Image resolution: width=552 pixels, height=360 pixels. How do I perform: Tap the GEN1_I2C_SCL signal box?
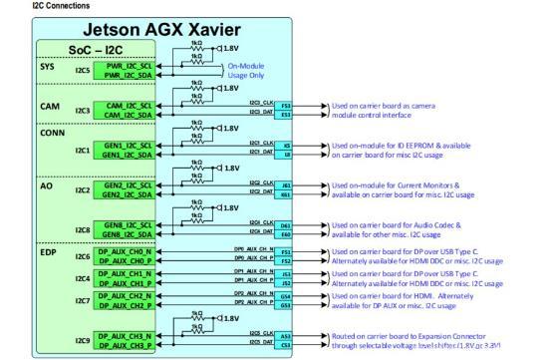(x=126, y=146)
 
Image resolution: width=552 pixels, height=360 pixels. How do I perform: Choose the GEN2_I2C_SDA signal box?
(x=126, y=194)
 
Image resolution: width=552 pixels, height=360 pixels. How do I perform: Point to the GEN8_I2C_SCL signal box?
(x=126, y=225)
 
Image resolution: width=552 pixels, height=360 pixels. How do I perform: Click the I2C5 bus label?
(x=83, y=71)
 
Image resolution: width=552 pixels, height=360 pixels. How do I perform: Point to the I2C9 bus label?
(x=83, y=342)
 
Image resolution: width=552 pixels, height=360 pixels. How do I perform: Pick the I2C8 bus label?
(x=83, y=230)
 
